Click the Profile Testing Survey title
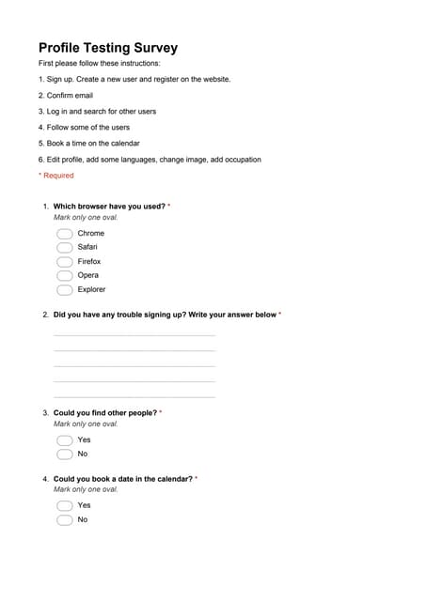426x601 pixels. (108, 48)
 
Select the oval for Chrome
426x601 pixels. (65, 234)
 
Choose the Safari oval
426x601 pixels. (65, 248)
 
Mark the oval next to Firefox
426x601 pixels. (65, 262)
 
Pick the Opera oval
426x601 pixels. (65, 276)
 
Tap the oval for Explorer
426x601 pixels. (65, 290)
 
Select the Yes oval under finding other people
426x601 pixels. (65, 439)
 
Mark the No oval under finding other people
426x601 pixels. (65, 455)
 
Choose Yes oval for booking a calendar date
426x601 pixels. (65, 505)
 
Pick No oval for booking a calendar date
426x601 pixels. (65, 520)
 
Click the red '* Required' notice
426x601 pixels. (56, 176)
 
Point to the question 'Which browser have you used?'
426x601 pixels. (109, 206)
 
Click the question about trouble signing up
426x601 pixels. (165, 315)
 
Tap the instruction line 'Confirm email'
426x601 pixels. (66, 96)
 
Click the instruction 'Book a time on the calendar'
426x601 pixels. (89, 144)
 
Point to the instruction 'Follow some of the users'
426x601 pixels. (85, 128)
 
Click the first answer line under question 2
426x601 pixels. (134, 334)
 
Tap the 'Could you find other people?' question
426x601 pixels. (105, 412)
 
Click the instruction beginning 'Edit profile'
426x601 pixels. (150, 160)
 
